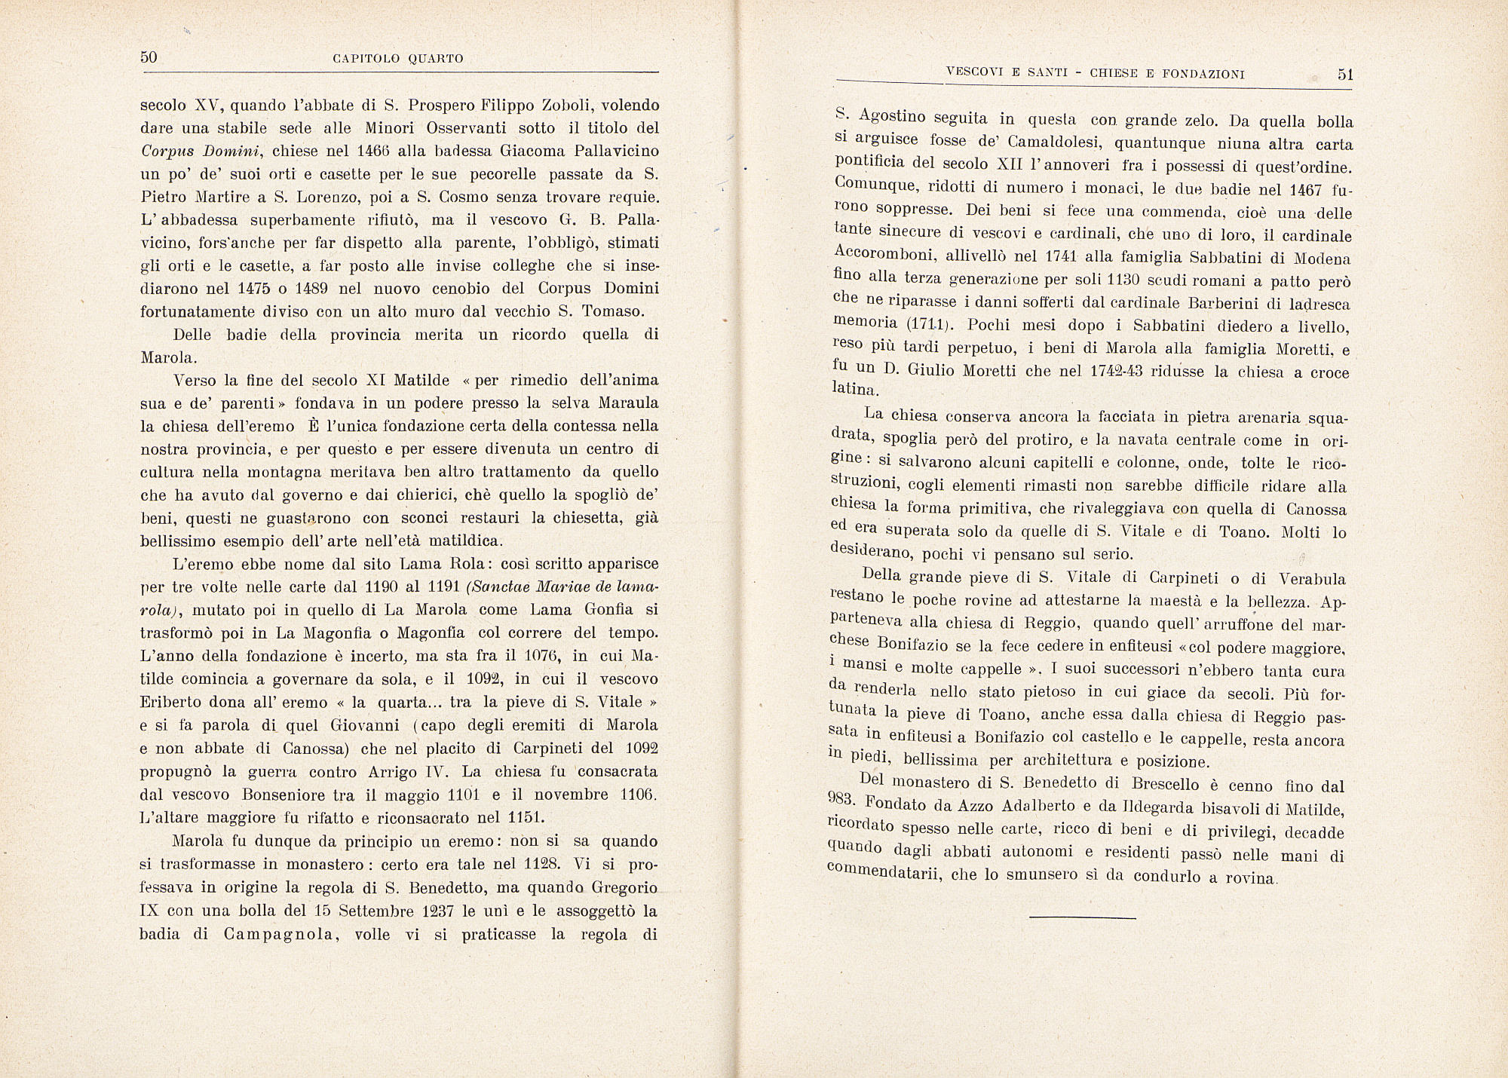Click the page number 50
pos(149,57)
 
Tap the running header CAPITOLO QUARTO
pos(397,59)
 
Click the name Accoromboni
pos(881,256)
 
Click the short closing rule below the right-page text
pos(1082,917)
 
